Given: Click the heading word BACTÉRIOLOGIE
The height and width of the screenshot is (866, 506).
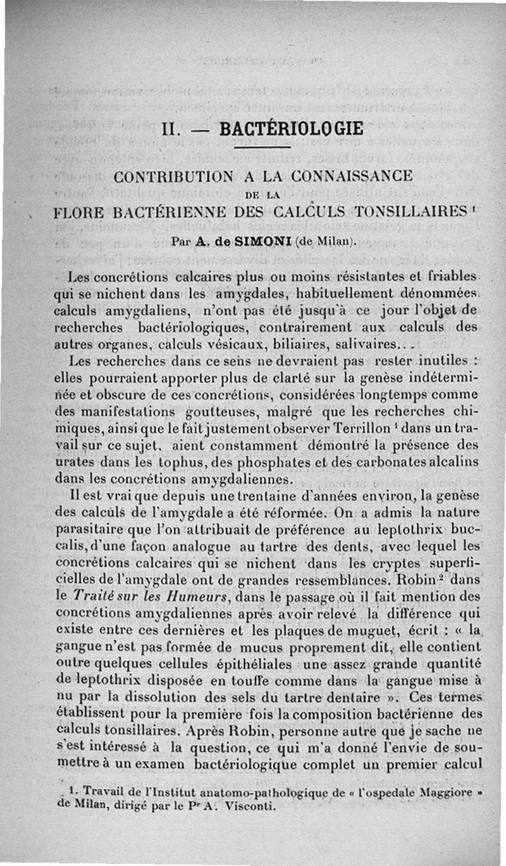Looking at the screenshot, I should pyautogui.click(x=291, y=129).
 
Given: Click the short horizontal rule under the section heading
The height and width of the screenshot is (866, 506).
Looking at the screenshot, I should pyautogui.click(x=262, y=148).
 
